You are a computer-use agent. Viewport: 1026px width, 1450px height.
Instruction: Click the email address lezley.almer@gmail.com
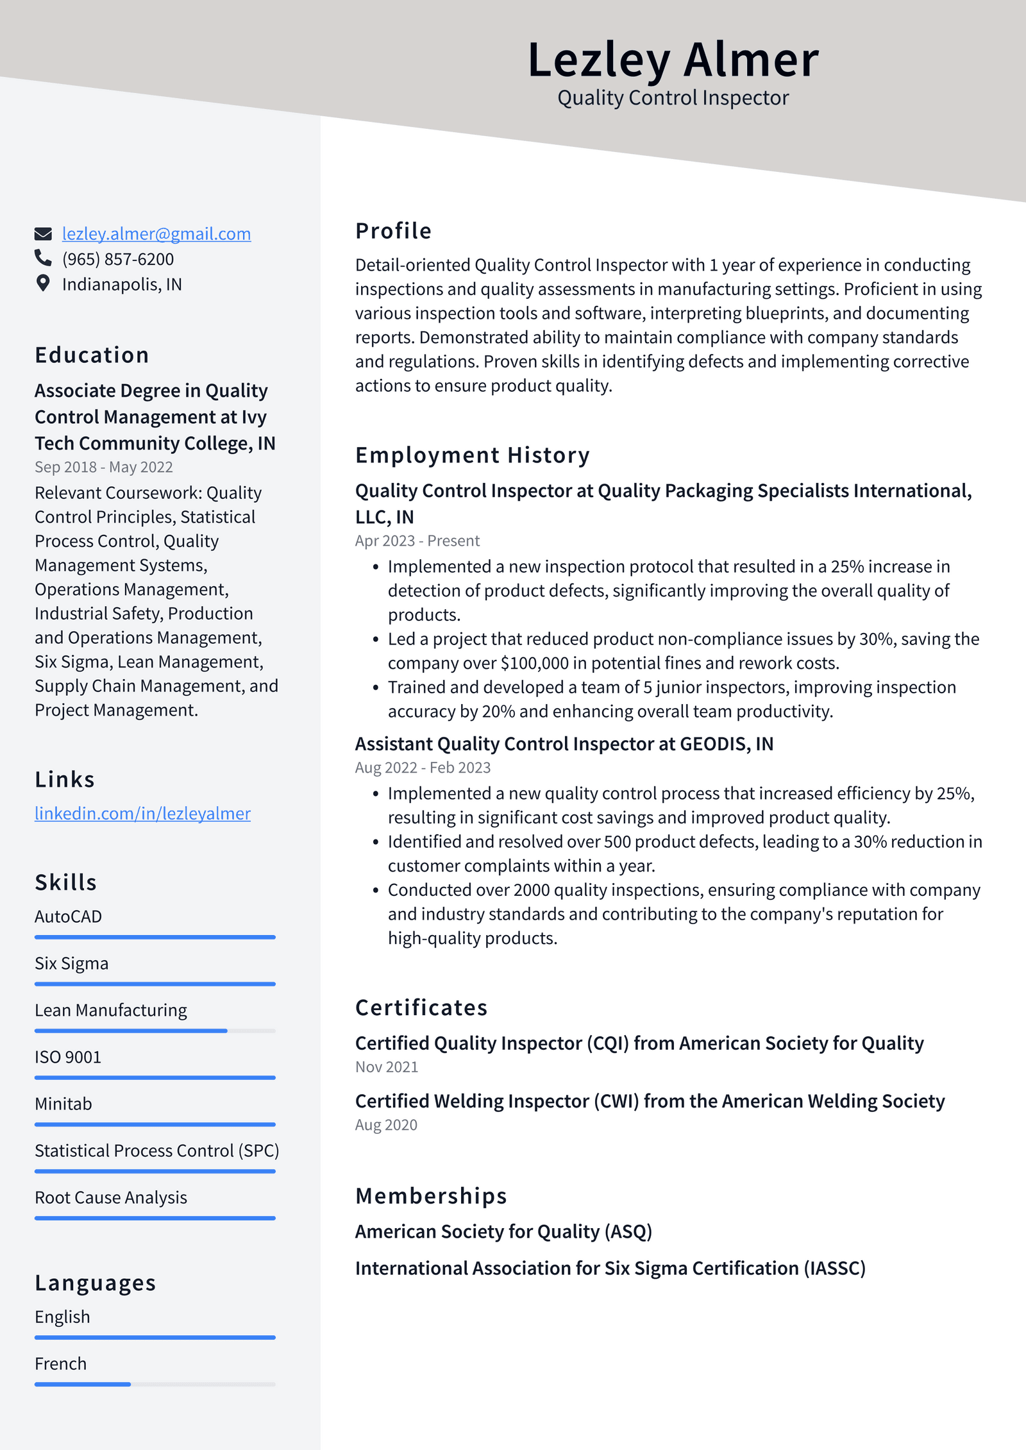[156, 234]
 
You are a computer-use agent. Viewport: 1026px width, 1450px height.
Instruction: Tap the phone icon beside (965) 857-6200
[43, 258]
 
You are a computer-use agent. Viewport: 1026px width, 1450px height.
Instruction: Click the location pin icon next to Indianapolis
[43, 283]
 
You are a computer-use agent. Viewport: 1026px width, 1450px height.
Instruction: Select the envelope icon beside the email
[43, 234]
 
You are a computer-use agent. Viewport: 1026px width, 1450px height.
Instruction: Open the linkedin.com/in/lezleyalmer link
[142, 814]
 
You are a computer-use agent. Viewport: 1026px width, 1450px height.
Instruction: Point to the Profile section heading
[393, 231]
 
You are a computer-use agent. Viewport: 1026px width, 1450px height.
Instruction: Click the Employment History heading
[472, 455]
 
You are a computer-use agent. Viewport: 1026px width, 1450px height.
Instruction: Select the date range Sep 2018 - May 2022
[104, 468]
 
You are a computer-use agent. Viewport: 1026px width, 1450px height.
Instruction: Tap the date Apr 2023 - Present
[417, 541]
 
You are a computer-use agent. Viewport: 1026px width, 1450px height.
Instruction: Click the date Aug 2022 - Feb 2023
[423, 768]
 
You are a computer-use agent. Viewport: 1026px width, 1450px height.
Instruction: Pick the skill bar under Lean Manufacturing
[155, 1031]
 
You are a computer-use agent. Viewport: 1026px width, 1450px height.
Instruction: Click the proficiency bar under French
[155, 1385]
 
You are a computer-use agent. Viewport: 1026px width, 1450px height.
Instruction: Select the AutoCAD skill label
[68, 917]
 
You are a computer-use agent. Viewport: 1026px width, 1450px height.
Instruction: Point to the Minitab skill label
[63, 1104]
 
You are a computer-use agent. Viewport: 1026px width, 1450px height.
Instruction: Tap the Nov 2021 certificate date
[386, 1067]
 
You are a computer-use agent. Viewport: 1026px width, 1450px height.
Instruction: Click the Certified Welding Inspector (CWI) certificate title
[650, 1101]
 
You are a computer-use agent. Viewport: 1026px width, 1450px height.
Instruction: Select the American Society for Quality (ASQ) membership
[503, 1232]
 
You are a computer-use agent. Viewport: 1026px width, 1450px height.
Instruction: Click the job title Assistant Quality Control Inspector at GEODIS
[564, 744]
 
